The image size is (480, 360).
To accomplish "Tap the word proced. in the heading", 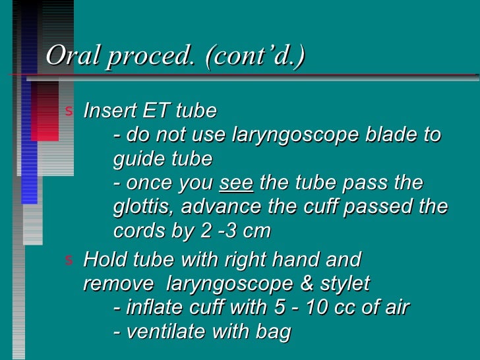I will [x=151, y=57].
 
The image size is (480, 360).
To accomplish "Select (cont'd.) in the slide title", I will [x=255, y=57].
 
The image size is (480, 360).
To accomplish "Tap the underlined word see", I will [x=235, y=183].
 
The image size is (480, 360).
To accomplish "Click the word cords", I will [x=136, y=232].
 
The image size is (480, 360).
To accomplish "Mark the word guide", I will [x=140, y=159].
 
